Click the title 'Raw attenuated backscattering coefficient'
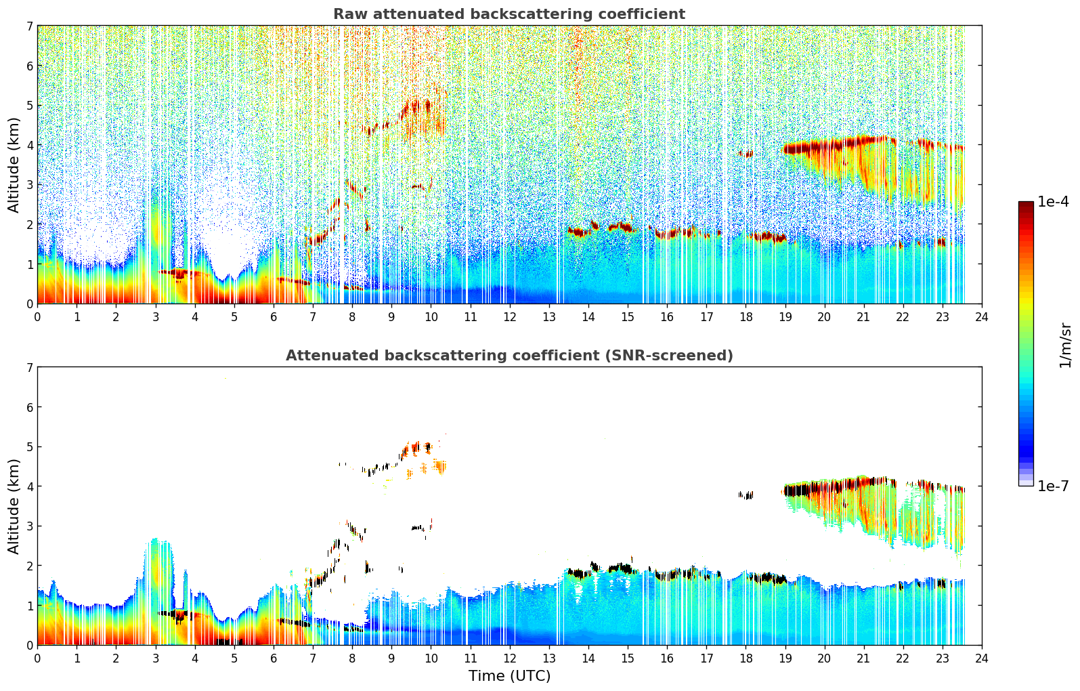pos(509,14)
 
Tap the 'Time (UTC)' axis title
pos(509,676)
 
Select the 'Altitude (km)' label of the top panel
pos(14,165)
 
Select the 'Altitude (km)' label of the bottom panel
pos(14,506)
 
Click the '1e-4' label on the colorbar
pos(1053,202)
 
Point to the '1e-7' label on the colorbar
pos(1053,486)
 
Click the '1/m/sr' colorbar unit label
pos(1065,345)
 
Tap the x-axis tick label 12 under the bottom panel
pos(509,658)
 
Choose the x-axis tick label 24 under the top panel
pos(981,317)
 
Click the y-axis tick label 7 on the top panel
pos(30,26)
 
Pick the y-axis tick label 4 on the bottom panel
pos(30,486)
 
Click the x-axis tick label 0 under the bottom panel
pos(37,658)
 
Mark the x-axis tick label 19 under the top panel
pos(785,317)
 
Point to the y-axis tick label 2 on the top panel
pos(30,224)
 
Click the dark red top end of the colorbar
pos(1026,205)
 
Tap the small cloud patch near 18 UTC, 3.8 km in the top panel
pos(746,154)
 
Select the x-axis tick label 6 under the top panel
pos(274,317)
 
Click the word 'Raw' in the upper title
pos(348,14)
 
